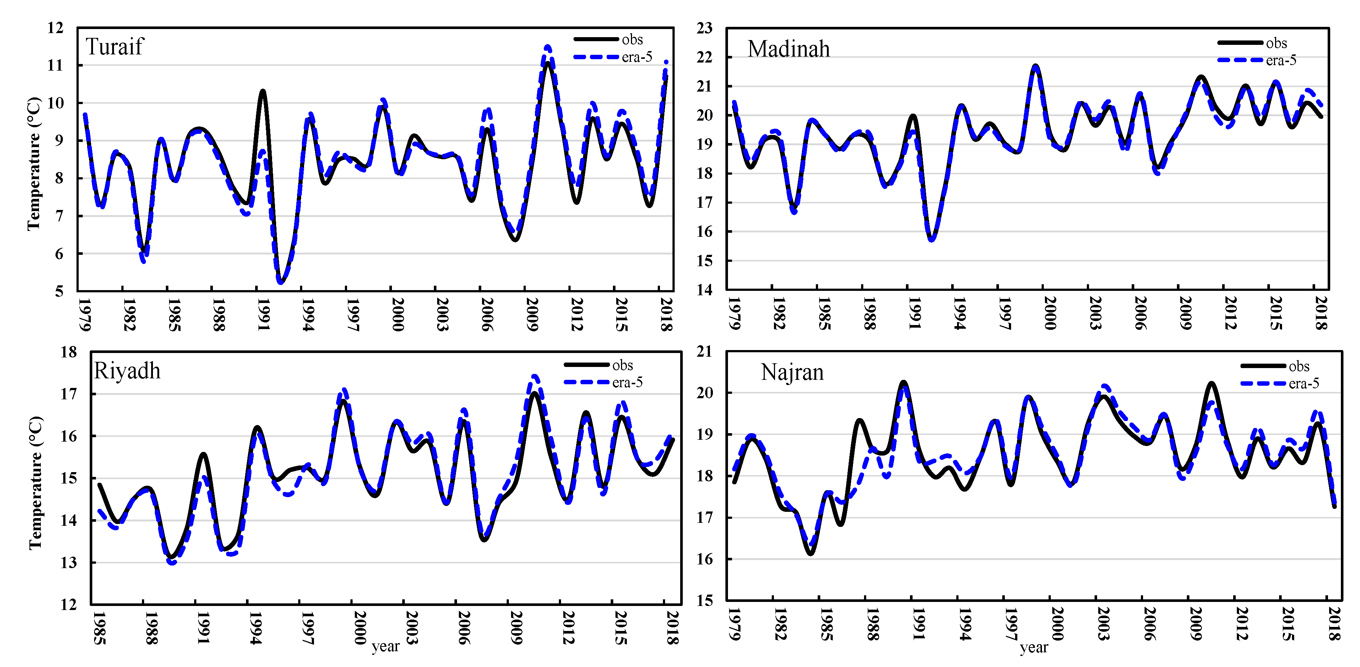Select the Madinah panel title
point(788,49)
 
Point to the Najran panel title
point(792,372)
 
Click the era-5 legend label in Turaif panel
point(637,57)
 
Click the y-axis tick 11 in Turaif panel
point(56,65)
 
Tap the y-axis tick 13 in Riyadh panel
point(69,563)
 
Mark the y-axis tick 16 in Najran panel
point(704,559)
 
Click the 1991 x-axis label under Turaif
point(263,315)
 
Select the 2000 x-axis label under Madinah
point(1050,313)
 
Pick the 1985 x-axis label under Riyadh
point(99,628)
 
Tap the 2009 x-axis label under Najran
point(1195,624)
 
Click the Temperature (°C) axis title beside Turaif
point(34,164)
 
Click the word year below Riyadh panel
point(385,646)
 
